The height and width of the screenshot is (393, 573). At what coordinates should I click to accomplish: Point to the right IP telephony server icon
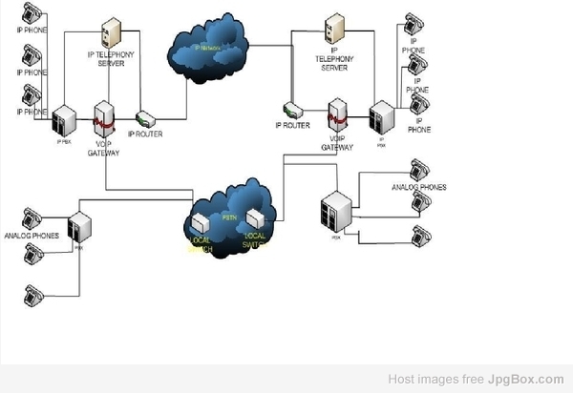(x=332, y=29)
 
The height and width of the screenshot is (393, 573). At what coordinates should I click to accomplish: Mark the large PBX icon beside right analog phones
(x=336, y=212)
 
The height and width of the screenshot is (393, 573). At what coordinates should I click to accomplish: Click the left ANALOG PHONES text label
(x=32, y=236)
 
